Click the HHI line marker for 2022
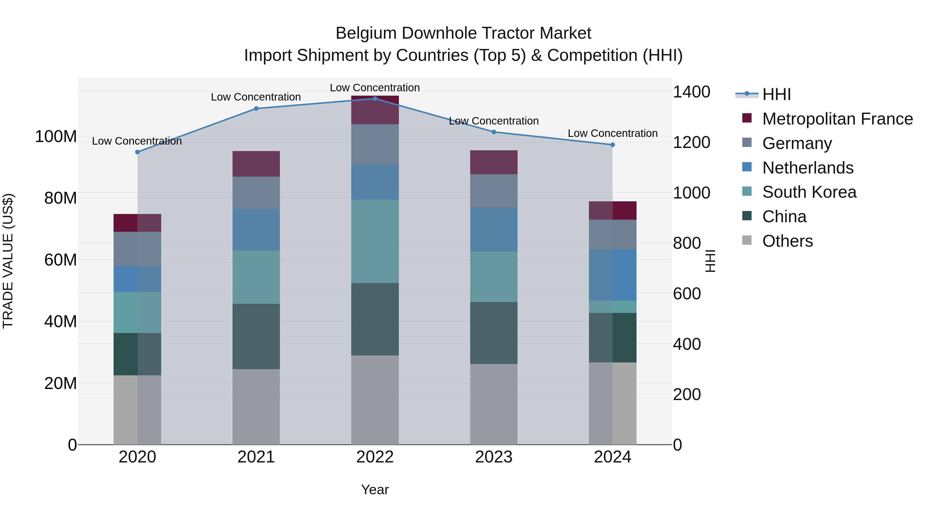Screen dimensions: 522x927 pyautogui.click(x=375, y=98)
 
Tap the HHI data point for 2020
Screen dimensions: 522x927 pyautogui.click(x=137, y=152)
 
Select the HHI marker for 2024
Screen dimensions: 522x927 pyautogui.click(x=613, y=145)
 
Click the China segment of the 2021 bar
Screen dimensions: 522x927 pyautogui.click(x=256, y=336)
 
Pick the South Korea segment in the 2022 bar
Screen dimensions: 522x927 pyautogui.click(x=375, y=241)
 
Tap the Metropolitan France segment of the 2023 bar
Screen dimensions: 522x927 pyautogui.click(x=493, y=162)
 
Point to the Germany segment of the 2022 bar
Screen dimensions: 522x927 pyautogui.click(x=375, y=144)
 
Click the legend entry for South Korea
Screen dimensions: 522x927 pyautogui.click(x=809, y=192)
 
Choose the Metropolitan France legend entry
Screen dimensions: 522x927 pyautogui.click(x=837, y=119)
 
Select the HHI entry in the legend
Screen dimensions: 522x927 pyautogui.click(x=776, y=94)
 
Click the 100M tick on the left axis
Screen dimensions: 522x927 pyautogui.click(x=56, y=137)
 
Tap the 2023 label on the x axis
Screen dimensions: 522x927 pyautogui.click(x=493, y=457)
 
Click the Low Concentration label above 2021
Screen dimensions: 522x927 pyautogui.click(x=256, y=97)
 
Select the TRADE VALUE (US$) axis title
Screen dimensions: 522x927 pyautogui.click(x=8, y=261)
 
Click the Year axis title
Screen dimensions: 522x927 pyautogui.click(x=375, y=490)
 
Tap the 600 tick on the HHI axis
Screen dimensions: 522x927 pyautogui.click(x=686, y=294)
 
